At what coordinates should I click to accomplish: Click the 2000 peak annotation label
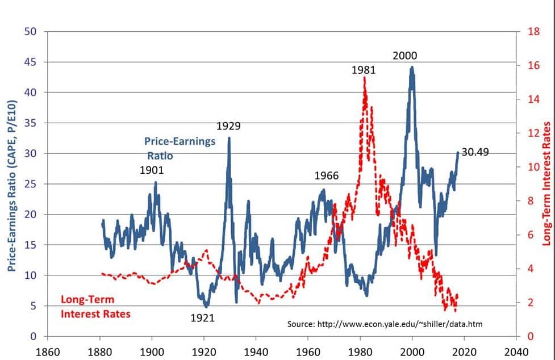click(x=405, y=56)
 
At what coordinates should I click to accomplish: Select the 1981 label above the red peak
click(x=364, y=70)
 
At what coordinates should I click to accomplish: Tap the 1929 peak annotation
click(x=229, y=126)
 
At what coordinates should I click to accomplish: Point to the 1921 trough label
click(x=202, y=318)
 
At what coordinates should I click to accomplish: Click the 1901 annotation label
click(x=152, y=170)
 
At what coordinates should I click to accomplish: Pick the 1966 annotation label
click(x=327, y=176)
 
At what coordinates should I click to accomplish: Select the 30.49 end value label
click(x=475, y=152)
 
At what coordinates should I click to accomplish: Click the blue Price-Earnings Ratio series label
click(x=180, y=148)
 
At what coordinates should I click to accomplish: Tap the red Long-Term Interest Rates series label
click(x=95, y=307)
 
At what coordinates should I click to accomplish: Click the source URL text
click(x=385, y=324)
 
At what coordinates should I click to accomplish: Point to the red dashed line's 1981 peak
click(x=364, y=78)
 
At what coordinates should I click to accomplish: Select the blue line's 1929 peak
click(x=229, y=137)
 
